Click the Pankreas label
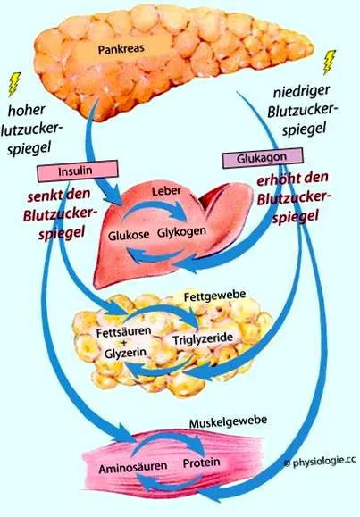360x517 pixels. [121, 49]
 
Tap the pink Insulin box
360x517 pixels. [78, 171]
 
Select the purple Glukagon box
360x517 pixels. [263, 158]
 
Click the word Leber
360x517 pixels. [166, 191]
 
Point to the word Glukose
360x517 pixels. [129, 236]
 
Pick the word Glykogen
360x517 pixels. [182, 232]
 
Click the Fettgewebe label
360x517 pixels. [214, 295]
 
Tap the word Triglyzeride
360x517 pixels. [203, 338]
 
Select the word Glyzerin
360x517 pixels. [125, 353]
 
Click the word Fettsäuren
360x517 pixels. [124, 331]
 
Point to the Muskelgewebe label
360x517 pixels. [229, 421]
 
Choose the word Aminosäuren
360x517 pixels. [133, 468]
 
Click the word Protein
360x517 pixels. [202, 463]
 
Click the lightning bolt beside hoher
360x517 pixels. [14, 84]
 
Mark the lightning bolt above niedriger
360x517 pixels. [329, 62]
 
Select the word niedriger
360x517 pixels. [302, 92]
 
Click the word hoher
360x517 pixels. [26, 110]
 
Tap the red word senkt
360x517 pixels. [45, 196]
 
